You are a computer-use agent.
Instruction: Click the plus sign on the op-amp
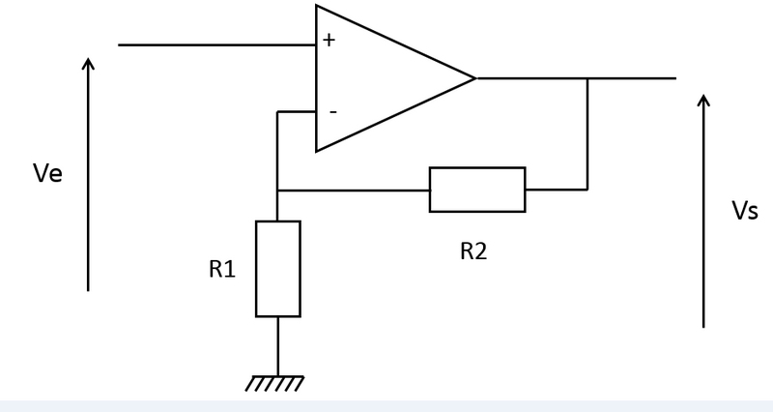(x=329, y=41)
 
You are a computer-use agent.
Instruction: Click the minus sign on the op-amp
(x=332, y=112)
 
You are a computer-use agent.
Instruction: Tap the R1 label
(x=222, y=269)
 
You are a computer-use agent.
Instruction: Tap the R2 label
(x=473, y=251)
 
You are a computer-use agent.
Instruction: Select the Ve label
(x=47, y=175)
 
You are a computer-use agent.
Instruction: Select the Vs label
(x=744, y=211)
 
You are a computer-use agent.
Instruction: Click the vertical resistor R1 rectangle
(x=278, y=268)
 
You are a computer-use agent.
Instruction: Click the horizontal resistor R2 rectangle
(x=477, y=190)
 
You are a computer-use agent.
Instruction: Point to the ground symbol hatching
(x=275, y=384)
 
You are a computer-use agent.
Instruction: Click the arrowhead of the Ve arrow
(x=88, y=63)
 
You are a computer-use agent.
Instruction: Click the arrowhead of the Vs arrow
(x=703, y=100)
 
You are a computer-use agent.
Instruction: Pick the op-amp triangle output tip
(x=474, y=78)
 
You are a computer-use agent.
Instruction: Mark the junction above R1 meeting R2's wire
(x=278, y=190)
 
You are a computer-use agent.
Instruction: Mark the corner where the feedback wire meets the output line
(x=587, y=78)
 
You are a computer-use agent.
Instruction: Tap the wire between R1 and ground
(x=278, y=345)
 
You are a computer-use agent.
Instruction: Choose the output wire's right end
(x=673, y=78)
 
